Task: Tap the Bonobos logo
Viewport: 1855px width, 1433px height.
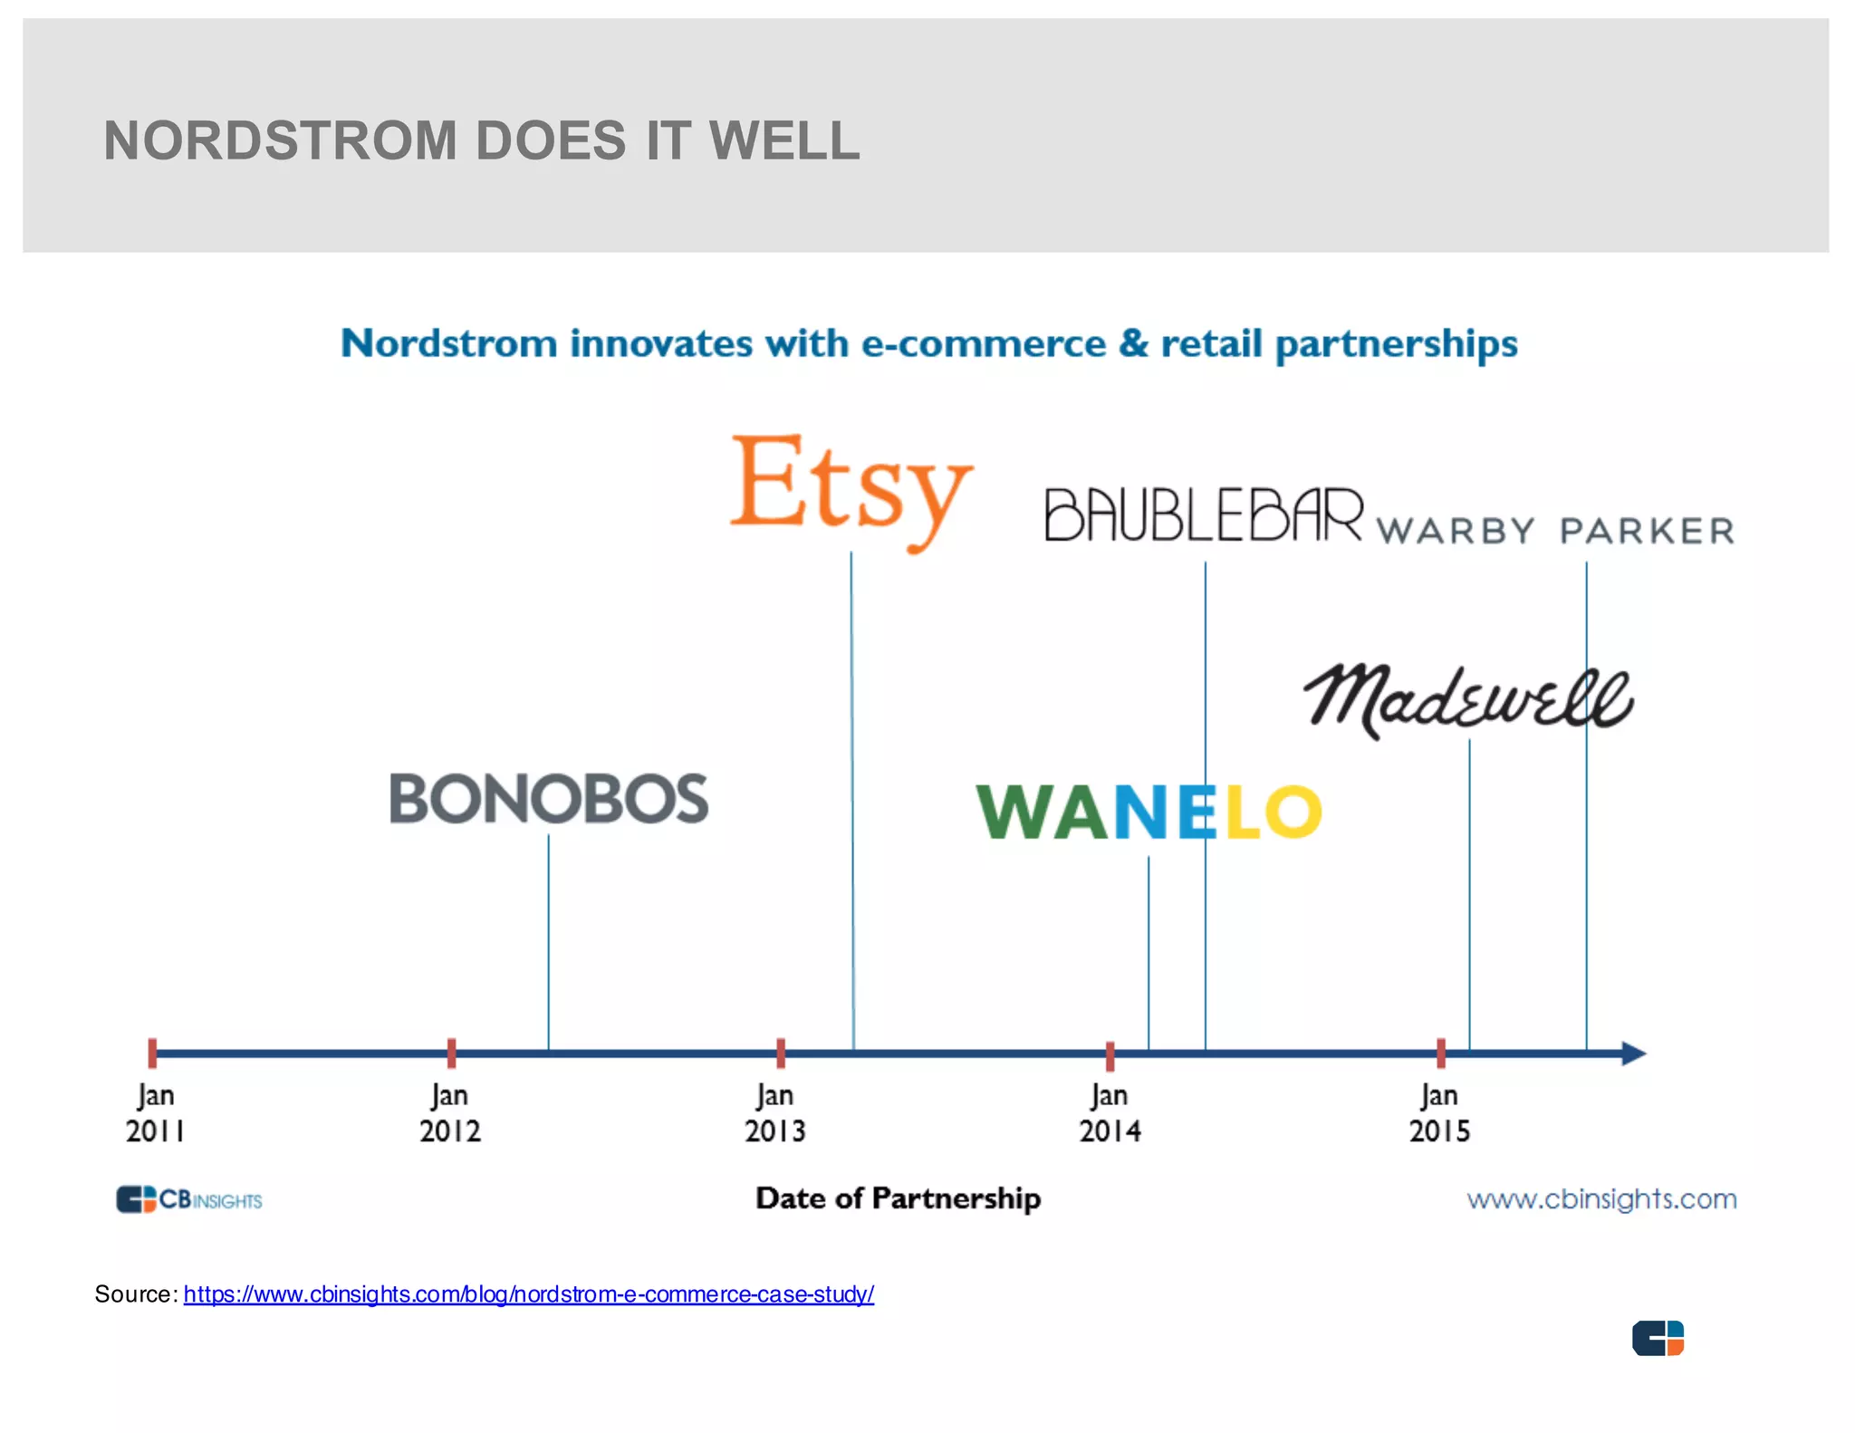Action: [549, 799]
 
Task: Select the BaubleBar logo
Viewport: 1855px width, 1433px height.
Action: [1204, 515]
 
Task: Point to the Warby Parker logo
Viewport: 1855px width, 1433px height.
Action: [1555, 531]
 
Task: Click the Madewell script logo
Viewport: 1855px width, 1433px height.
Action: [1468, 701]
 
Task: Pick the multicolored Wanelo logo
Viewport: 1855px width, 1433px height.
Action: [1149, 812]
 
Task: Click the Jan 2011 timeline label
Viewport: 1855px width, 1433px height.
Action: [156, 1113]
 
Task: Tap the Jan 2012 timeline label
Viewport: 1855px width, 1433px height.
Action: [450, 1113]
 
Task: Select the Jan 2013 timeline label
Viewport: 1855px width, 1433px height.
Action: [775, 1113]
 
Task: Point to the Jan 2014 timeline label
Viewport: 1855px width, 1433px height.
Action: [1110, 1113]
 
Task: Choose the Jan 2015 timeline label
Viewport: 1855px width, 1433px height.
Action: [1439, 1113]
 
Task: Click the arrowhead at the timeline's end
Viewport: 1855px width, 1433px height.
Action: [1633, 1053]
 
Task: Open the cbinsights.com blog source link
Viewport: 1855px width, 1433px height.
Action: [529, 1294]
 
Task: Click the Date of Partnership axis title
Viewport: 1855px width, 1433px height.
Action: [899, 1198]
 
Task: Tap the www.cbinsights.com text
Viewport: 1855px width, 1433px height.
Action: [1602, 1199]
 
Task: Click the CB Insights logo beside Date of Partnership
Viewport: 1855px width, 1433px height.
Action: [189, 1199]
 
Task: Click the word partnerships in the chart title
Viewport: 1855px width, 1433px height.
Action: [1397, 345]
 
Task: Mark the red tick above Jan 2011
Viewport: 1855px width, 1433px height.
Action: [153, 1053]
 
